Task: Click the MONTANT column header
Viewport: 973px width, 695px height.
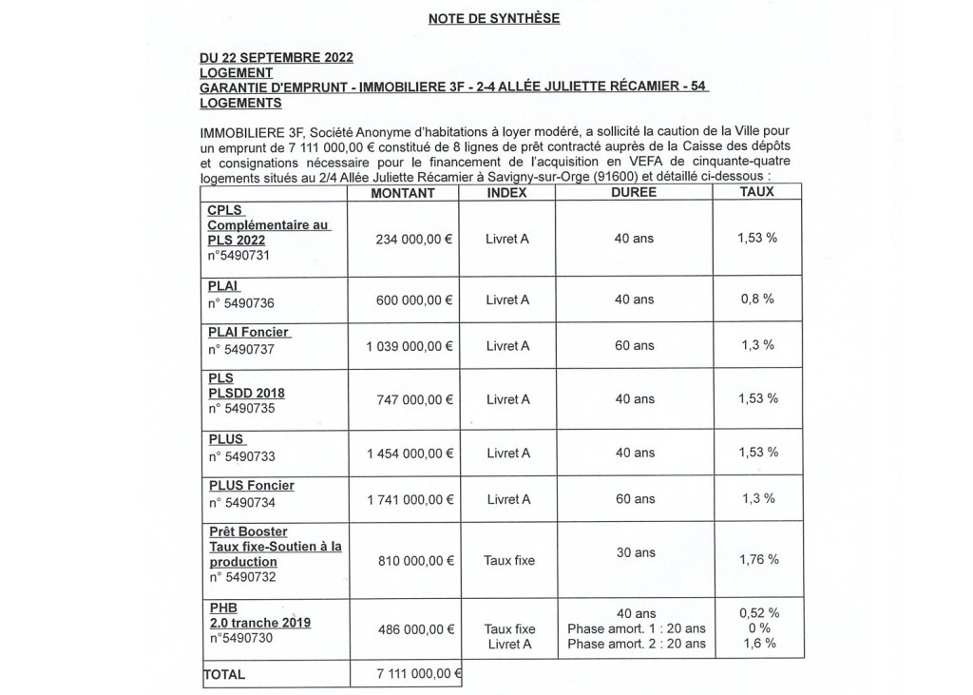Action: [x=403, y=192]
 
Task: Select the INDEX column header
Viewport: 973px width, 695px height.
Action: [x=506, y=192]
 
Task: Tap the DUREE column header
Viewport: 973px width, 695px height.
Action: [x=635, y=192]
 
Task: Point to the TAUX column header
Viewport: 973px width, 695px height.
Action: [x=757, y=192]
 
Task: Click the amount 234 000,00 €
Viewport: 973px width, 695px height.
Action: [x=410, y=239]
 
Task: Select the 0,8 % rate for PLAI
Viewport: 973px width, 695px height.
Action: [x=757, y=299]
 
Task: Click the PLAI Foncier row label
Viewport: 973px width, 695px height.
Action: [x=249, y=332]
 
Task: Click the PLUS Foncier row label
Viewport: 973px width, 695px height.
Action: [x=251, y=486]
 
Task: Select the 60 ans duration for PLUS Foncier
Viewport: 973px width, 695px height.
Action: [x=635, y=499]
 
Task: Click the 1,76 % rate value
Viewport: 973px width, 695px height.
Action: [x=757, y=560]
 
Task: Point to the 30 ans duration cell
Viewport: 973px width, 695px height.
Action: [x=635, y=552]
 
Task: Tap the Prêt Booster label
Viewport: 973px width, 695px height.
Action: [x=248, y=531]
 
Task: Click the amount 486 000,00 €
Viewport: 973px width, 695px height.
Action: [x=410, y=628]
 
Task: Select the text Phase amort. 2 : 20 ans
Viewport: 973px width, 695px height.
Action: [x=636, y=644]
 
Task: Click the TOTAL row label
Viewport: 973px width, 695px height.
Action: [x=225, y=674]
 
